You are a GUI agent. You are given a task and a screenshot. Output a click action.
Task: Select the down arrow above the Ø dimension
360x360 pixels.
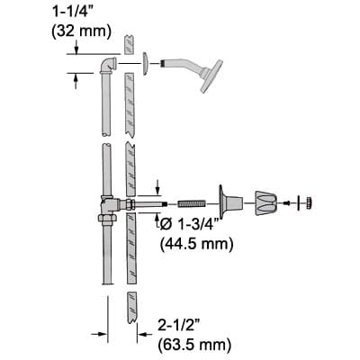tap(157, 188)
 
